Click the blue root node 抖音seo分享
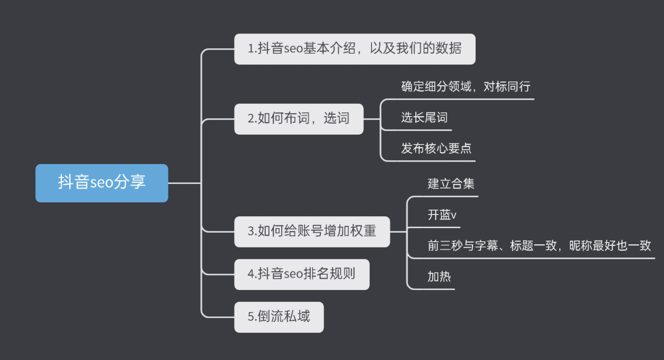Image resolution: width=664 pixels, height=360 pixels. pyautogui.click(x=102, y=183)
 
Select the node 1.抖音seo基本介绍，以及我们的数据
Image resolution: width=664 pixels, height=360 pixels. pyautogui.click(x=354, y=49)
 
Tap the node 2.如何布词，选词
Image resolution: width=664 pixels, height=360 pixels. pyautogui.click(x=298, y=119)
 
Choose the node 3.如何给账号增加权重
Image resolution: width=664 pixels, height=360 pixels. pyautogui.click(x=311, y=231)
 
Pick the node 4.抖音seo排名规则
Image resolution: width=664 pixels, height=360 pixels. pyautogui.click(x=301, y=274)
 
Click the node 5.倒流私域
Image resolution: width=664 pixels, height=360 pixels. pyautogui.click(x=279, y=317)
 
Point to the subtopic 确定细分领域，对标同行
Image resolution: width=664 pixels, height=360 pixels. pyautogui.click(x=465, y=87)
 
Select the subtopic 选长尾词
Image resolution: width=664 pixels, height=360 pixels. pyautogui.click(x=424, y=118)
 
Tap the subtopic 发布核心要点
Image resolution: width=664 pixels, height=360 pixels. pyautogui.click(x=436, y=148)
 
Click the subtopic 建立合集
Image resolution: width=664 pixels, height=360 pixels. pyautogui.click(x=450, y=184)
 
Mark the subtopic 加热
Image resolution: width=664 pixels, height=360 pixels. pyautogui.click(x=439, y=276)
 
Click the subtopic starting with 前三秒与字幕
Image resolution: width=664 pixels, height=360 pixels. pyautogui.click(x=539, y=246)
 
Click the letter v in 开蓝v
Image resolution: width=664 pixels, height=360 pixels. pyautogui.click(x=454, y=216)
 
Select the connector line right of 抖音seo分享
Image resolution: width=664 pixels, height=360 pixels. pyautogui.click(x=184, y=183)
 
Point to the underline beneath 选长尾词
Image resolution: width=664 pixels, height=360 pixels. pyautogui.click(x=424, y=130)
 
